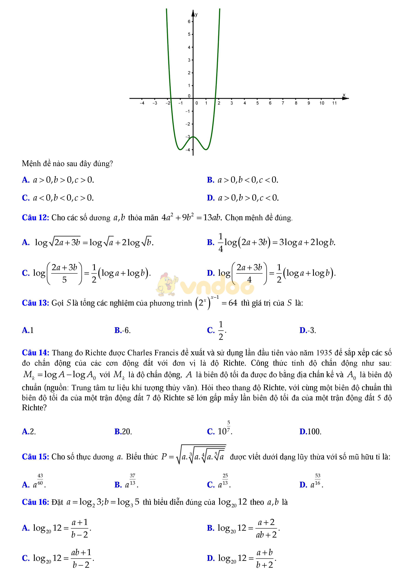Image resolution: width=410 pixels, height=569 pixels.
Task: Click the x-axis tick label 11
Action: click(x=334, y=103)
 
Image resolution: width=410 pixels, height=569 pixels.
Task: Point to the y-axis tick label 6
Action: click(x=189, y=22)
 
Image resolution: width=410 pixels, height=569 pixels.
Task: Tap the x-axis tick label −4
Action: click(x=142, y=103)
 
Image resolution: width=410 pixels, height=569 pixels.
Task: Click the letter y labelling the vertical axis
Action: click(x=196, y=14)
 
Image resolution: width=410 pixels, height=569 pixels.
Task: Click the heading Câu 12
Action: click(x=35, y=218)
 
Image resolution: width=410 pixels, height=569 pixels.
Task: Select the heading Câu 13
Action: click(x=35, y=303)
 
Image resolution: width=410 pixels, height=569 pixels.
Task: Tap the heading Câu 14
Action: click(x=35, y=353)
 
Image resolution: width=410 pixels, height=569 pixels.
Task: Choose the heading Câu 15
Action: click(x=35, y=457)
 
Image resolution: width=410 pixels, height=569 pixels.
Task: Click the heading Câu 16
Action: click(x=35, y=502)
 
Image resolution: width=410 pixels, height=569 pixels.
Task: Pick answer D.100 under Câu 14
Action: click(x=310, y=432)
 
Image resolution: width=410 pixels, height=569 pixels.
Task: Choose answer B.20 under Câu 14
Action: click(x=123, y=432)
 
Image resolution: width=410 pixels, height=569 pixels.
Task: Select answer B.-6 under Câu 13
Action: click(x=122, y=330)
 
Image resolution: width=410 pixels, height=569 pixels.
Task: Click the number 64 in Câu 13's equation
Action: click(x=233, y=303)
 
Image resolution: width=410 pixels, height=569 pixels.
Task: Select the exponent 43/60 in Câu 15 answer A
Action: click(x=40, y=479)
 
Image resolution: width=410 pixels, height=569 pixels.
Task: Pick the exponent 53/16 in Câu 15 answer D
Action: click(x=318, y=479)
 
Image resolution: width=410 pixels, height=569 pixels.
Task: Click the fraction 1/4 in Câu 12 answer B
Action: click(x=220, y=242)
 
